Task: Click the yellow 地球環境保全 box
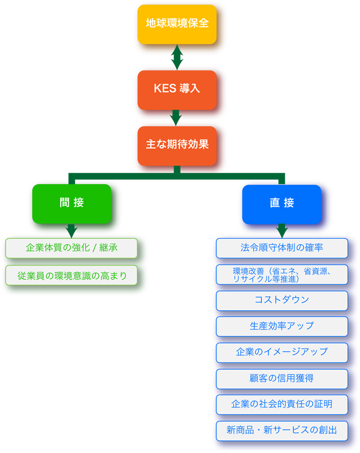click(177, 24)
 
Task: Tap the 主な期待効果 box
click(177, 145)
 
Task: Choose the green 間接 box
click(71, 203)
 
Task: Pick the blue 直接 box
click(282, 204)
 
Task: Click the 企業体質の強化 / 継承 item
click(71, 249)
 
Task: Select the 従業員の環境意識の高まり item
click(71, 275)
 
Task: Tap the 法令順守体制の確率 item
click(282, 249)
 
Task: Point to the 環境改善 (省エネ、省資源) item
click(282, 275)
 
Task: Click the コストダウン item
click(282, 301)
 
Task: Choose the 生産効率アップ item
click(282, 326)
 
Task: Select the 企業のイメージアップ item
click(282, 353)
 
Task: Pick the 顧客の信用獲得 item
click(282, 379)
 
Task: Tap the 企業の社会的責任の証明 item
click(282, 405)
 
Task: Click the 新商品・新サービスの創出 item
click(282, 430)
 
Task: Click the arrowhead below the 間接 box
click(71, 231)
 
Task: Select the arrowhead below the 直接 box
click(282, 232)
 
